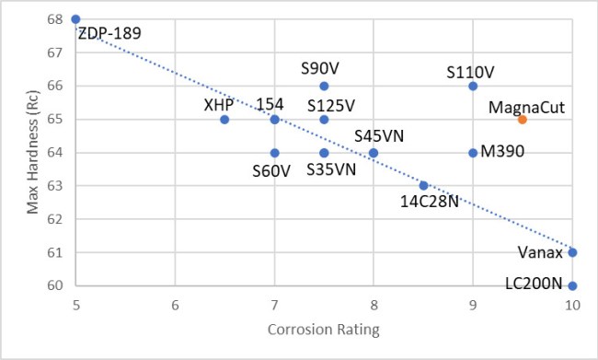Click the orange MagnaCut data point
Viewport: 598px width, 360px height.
coord(523,120)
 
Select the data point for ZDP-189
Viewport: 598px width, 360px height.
coord(75,19)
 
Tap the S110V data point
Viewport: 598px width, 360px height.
coord(473,87)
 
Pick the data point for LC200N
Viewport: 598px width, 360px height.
coord(572,285)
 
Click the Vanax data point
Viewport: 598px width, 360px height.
coord(572,252)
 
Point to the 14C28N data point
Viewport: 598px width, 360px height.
coord(423,186)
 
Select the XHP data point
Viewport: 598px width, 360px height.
coord(224,120)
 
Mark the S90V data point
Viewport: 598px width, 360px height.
coord(324,87)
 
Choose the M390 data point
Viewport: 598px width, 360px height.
coord(473,153)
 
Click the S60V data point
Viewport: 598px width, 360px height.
coord(274,153)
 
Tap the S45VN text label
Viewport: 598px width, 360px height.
coord(379,136)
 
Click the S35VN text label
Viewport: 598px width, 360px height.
coord(331,169)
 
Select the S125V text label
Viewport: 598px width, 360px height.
coord(331,106)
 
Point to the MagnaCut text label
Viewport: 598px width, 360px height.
coord(526,108)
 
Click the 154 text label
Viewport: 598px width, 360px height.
coord(270,104)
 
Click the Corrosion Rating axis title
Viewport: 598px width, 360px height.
coord(324,330)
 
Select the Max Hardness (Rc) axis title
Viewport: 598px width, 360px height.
coord(33,152)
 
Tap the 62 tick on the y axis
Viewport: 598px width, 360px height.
coord(55,219)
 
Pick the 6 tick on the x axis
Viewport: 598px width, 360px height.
coord(175,306)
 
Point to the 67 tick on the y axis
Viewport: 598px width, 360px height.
coord(55,52)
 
